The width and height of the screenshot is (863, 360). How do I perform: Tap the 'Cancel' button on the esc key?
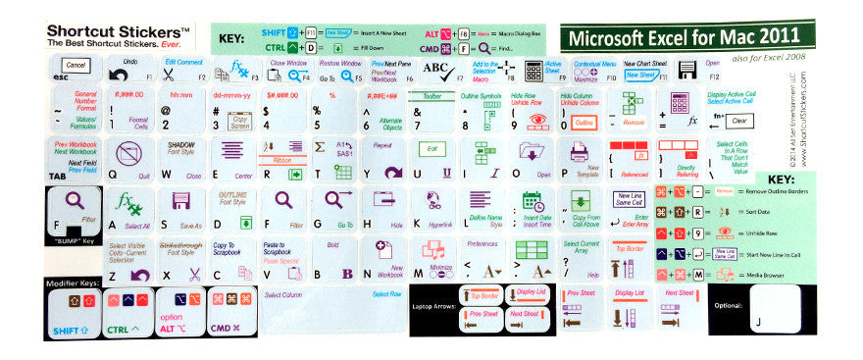point(76,66)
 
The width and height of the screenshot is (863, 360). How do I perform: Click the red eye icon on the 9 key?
point(537,124)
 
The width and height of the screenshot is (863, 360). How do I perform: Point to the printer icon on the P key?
point(579,152)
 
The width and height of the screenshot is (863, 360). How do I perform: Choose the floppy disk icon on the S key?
point(179,201)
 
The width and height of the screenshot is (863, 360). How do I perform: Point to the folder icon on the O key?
point(532,152)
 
